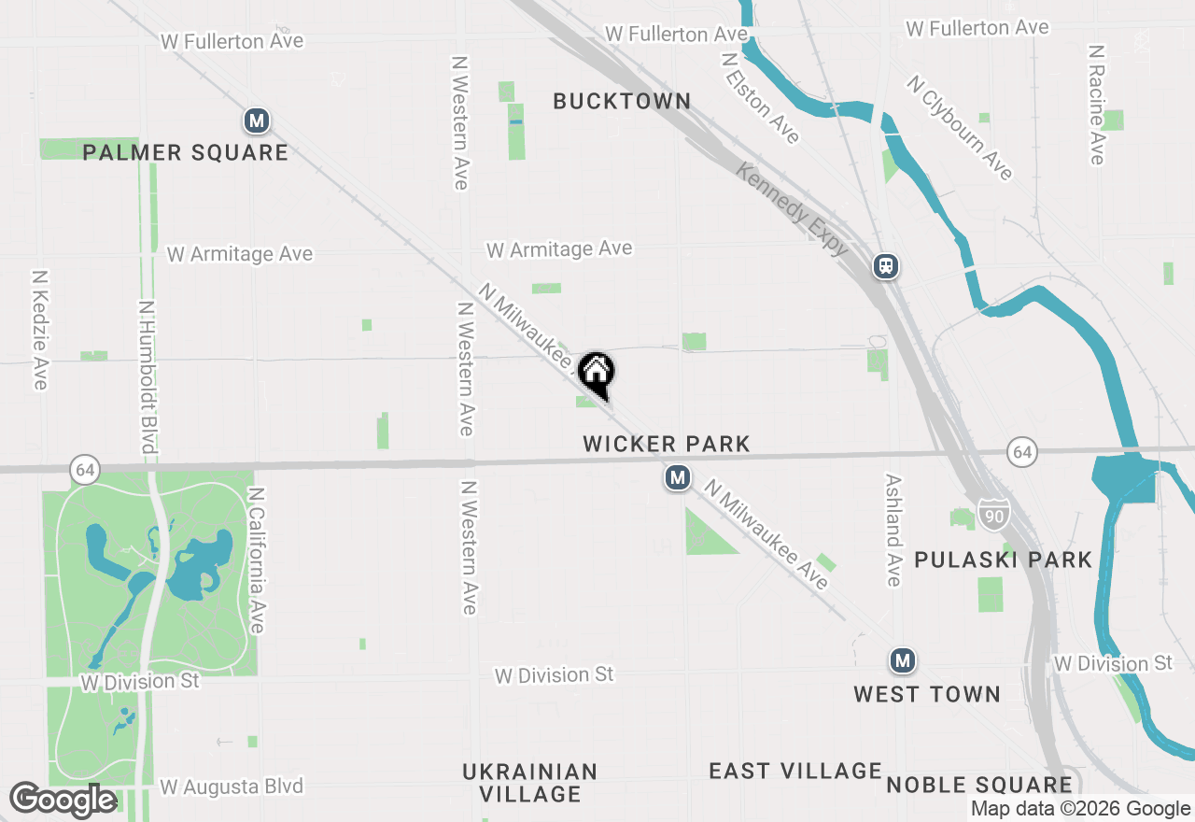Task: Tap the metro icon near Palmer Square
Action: tap(257, 120)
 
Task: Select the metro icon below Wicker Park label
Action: tap(678, 478)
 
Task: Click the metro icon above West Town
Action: tap(901, 661)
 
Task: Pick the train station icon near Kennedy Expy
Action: tap(886, 266)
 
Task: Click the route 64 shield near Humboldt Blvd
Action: tap(85, 469)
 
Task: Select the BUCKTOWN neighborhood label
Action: tap(622, 101)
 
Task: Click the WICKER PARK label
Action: tap(667, 444)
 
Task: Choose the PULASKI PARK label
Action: tap(1003, 560)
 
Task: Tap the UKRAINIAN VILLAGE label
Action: tap(530, 783)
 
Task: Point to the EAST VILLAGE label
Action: tap(794, 771)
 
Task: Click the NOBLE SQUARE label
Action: tap(978, 785)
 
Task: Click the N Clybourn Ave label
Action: tap(959, 128)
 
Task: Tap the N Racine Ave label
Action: tap(1096, 104)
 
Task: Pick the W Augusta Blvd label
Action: tap(232, 787)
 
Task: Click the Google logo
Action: tap(63, 801)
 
